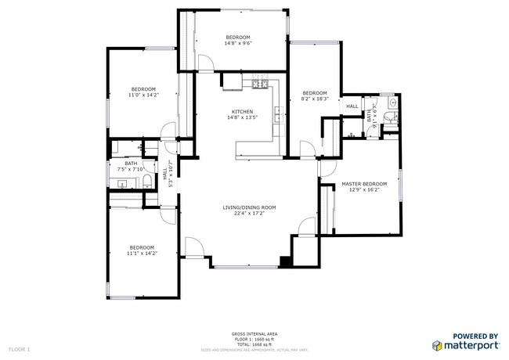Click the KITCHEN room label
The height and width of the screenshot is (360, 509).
(242, 111)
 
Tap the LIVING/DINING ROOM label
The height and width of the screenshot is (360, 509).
(249, 207)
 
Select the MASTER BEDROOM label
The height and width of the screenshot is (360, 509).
(364, 184)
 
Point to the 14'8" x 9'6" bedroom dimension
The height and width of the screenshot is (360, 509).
(238, 45)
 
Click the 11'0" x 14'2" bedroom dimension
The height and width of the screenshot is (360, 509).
(143, 95)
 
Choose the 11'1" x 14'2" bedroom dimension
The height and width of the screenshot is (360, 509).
(143, 253)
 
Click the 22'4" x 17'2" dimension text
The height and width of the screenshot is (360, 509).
(249, 214)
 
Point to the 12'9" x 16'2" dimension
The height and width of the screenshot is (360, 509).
(364, 190)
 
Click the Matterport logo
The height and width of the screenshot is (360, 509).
(466, 344)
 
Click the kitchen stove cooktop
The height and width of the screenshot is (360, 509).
(260, 85)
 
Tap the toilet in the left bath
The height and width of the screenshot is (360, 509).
(147, 182)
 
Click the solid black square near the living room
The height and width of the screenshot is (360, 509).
(285, 261)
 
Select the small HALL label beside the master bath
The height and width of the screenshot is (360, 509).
(352, 106)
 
